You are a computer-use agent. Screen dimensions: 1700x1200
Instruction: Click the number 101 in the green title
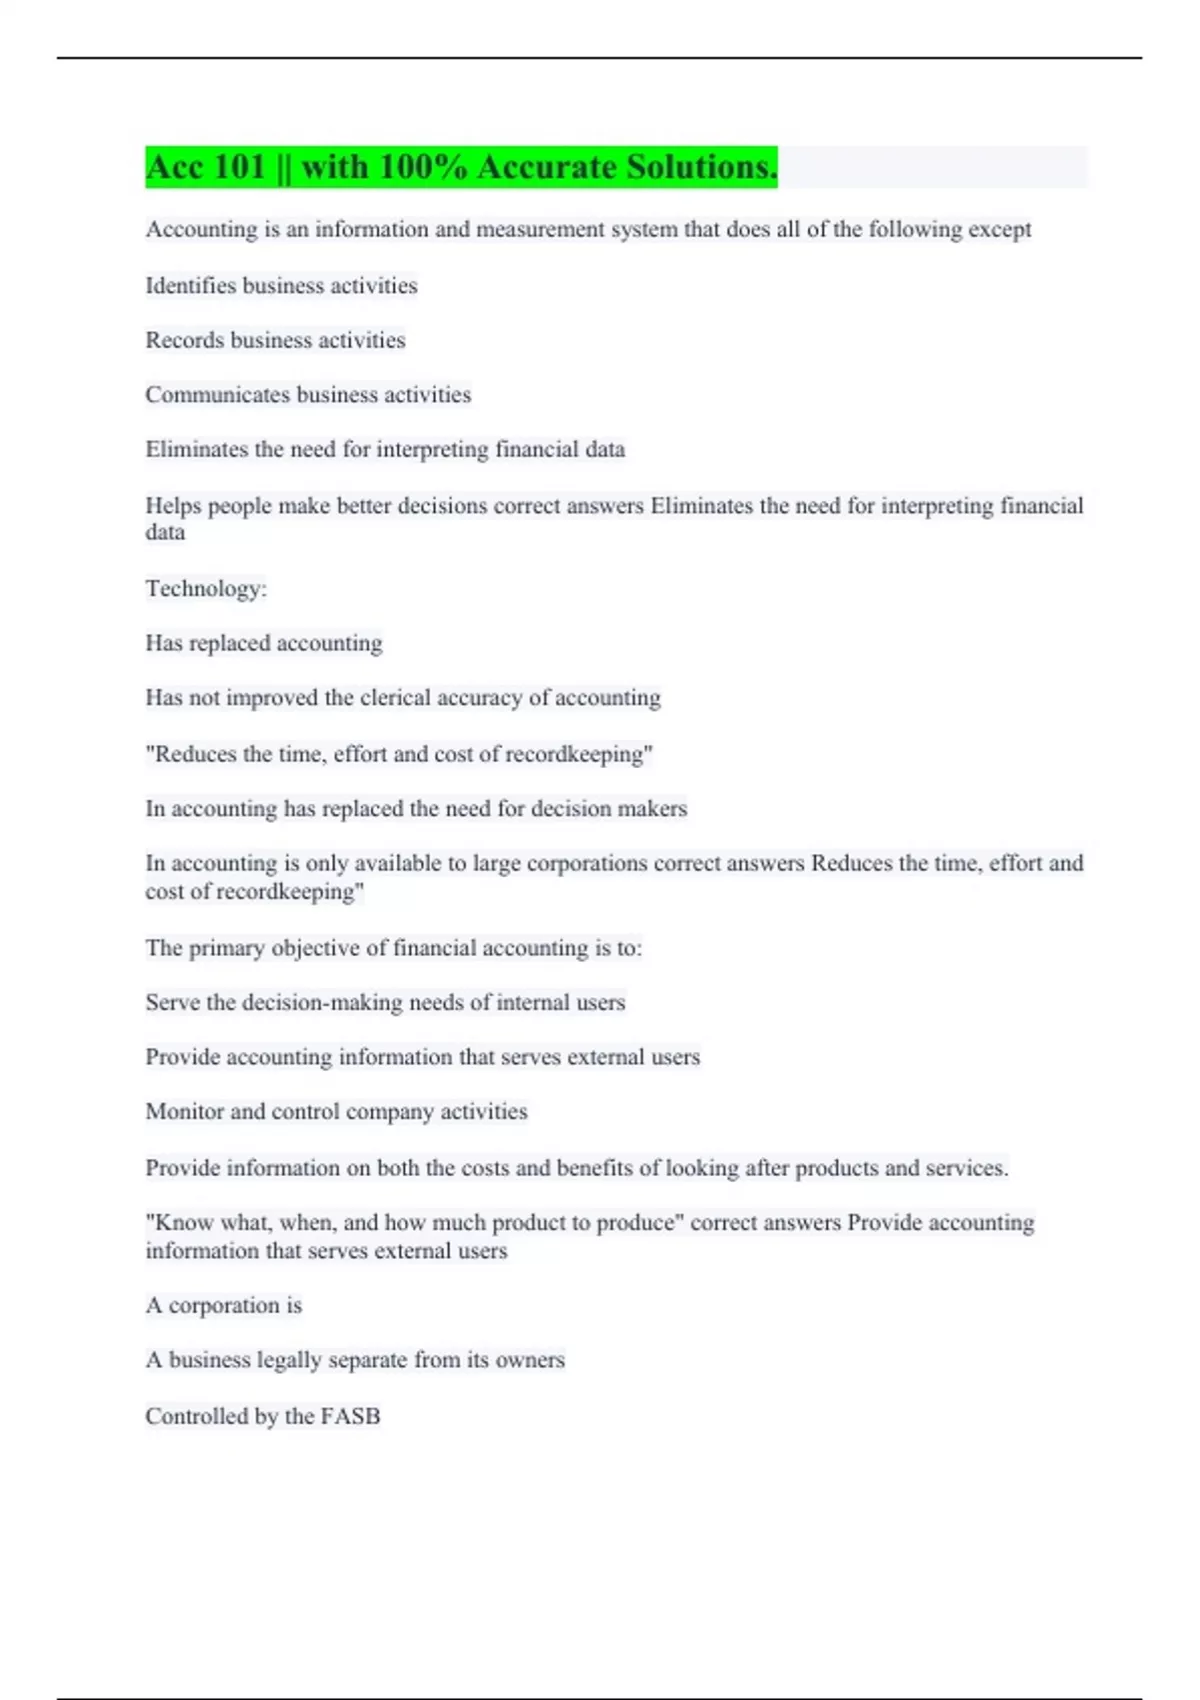[239, 167]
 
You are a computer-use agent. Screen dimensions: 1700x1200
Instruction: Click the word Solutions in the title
[701, 167]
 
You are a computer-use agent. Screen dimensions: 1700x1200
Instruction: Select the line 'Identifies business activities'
[281, 286]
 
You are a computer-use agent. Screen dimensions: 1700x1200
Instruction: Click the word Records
[185, 341]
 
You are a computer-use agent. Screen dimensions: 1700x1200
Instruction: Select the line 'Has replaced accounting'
[264, 643]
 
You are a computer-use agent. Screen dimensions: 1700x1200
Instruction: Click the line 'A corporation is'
[223, 1306]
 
